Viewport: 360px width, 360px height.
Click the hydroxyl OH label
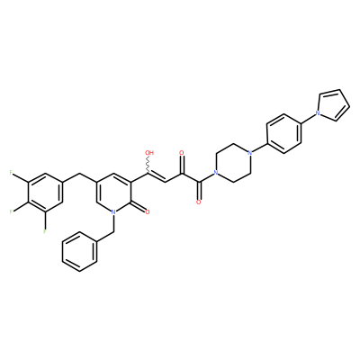149,153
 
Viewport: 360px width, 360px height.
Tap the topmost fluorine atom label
11,173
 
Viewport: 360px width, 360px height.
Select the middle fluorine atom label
11,211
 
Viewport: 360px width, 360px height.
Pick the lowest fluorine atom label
45,231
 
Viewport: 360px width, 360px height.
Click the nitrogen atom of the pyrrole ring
317,113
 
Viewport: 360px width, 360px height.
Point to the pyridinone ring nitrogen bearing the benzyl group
113,212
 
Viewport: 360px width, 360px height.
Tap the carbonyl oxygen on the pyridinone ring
147,212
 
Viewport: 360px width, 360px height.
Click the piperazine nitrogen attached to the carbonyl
215,173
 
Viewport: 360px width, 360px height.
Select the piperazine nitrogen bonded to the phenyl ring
249,153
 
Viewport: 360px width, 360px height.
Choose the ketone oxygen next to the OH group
181,153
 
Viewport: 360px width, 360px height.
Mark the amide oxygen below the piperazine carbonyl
198,202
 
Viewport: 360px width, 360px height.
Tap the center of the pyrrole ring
334,105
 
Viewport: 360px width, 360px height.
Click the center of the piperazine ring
232,163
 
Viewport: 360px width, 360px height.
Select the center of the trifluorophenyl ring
45,193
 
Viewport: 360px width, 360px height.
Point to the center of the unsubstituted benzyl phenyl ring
79,251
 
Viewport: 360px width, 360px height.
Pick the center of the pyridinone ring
113,193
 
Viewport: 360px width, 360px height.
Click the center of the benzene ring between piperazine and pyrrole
283,133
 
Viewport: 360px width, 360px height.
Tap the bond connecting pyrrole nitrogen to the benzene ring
307,118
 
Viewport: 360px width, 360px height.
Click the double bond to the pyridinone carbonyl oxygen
139,207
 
